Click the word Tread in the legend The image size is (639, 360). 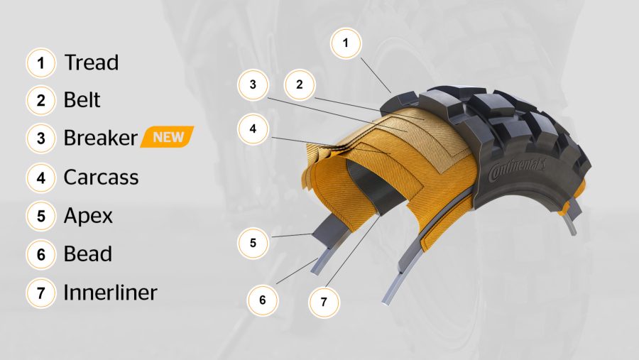(x=92, y=62)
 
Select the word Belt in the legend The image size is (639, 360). (x=82, y=100)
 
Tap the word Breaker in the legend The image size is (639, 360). (x=101, y=138)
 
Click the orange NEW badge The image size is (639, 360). (x=167, y=137)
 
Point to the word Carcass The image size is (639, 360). (x=101, y=178)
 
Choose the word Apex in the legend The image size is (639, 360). (x=88, y=216)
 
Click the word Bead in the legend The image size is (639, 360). (x=88, y=254)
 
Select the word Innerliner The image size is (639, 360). (x=111, y=293)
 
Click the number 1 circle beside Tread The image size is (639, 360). (x=40, y=63)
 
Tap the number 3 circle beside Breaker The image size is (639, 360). (x=40, y=138)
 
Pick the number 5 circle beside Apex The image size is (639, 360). (x=40, y=216)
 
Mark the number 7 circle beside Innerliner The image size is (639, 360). (x=40, y=293)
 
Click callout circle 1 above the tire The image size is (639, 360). (x=346, y=43)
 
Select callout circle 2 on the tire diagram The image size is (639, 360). (x=300, y=84)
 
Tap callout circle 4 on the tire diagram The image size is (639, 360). (x=253, y=129)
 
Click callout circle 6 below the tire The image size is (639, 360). (x=263, y=300)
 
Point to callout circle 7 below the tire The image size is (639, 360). (x=324, y=302)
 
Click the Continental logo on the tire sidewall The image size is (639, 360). (x=517, y=169)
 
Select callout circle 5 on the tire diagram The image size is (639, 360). (x=253, y=244)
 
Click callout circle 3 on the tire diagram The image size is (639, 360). (x=253, y=84)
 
